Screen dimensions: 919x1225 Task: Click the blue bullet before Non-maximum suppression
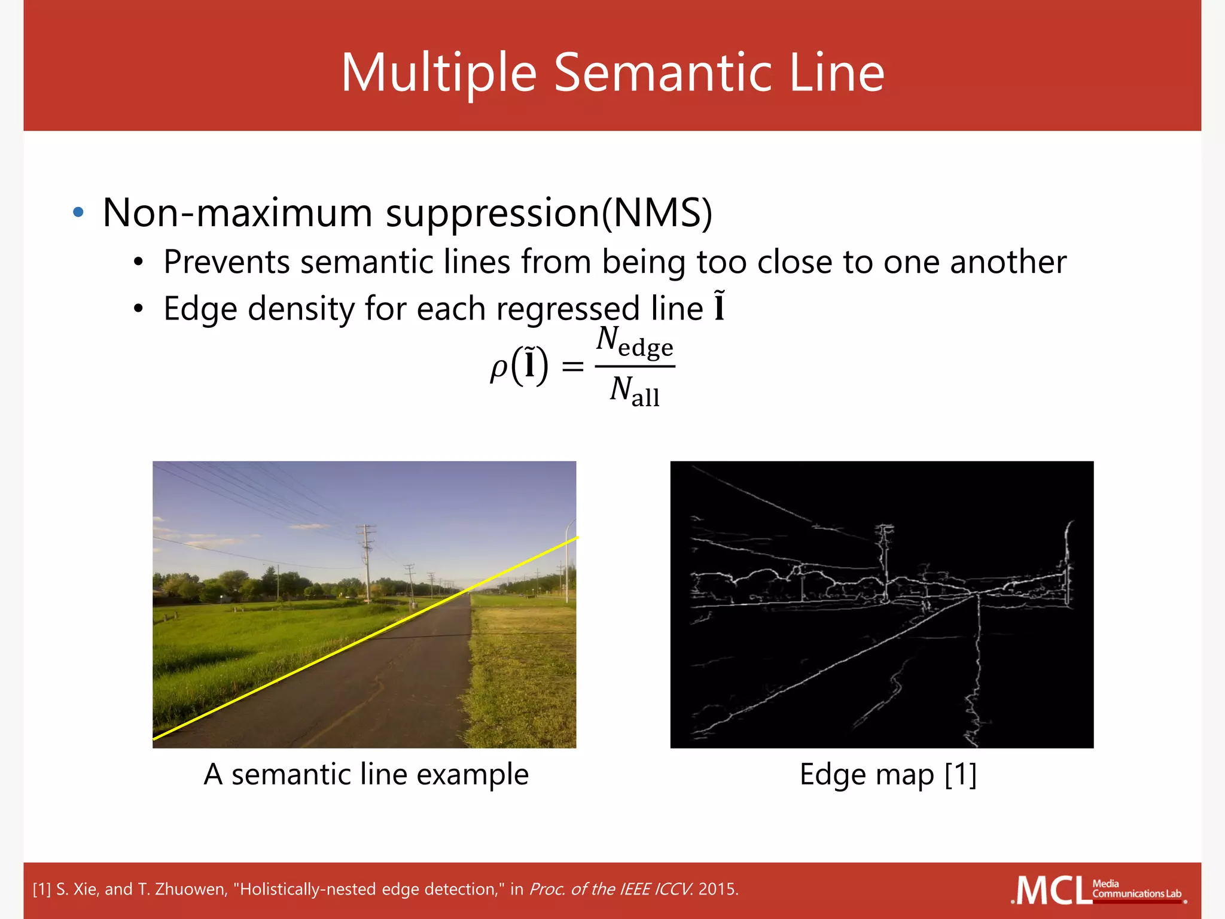click(x=78, y=212)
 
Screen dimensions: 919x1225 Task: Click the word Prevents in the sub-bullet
click(x=227, y=262)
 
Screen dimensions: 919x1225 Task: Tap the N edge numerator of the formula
click(x=635, y=343)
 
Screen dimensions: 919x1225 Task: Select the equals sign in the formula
click(x=572, y=366)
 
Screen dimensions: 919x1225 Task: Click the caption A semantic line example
click(x=366, y=774)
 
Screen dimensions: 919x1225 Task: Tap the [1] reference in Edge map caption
click(x=961, y=774)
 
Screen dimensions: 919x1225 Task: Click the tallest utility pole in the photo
click(x=366, y=562)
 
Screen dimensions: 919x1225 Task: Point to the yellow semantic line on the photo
click(x=365, y=638)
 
